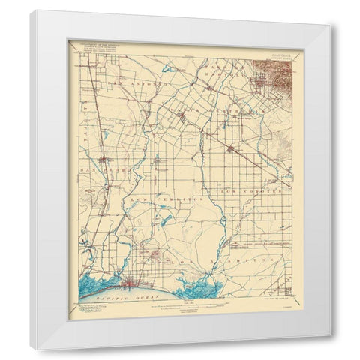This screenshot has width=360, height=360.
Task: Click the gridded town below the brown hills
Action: (x=261, y=84)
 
